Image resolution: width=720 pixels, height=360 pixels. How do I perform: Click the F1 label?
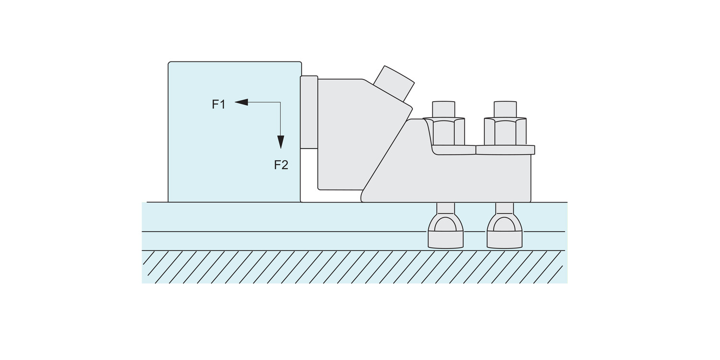pyautogui.click(x=218, y=105)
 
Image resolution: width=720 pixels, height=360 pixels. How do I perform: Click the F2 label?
pyautogui.click(x=281, y=165)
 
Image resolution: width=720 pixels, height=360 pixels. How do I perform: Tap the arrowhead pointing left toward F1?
pyautogui.click(x=241, y=102)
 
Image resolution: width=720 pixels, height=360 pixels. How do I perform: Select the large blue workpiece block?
pyautogui.click(x=235, y=132)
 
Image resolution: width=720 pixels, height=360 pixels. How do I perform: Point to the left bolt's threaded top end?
pyautogui.click(x=444, y=109)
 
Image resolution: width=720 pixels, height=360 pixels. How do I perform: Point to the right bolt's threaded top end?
pyautogui.click(x=505, y=109)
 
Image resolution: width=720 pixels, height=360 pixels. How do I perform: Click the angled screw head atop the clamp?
pyautogui.click(x=394, y=84)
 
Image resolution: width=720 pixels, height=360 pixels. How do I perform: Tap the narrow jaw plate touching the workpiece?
pyautogui.click(x=309, y=112)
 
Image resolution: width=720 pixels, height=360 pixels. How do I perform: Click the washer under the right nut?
pyautogui.click(x=505, y=150)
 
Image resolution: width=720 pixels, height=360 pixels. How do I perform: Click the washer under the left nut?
pyautogui.click(x=454, y=150)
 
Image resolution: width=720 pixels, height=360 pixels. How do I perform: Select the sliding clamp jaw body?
pyautogui.click(x=360, y=135)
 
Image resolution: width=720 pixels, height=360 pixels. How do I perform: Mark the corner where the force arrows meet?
pyautogui.click(x=281, y=102)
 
